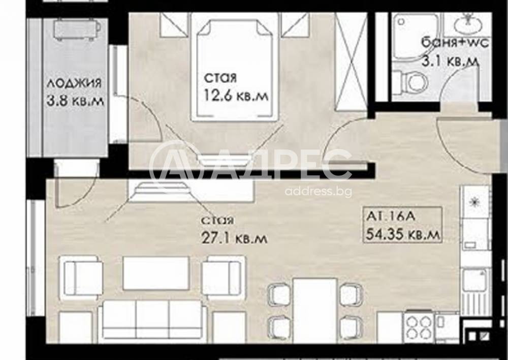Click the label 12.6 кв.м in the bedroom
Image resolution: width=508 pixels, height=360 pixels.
pyautogui.click(x=236, y=96)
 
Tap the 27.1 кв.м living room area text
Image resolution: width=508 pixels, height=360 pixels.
pyautogui.click(x=235, y=238)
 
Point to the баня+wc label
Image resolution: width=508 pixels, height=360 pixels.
pyautogui.click(x=455, y=43)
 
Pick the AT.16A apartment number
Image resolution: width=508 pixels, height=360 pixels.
pyautogui.click(x=390, y=216)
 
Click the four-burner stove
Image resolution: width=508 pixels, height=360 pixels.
pyautogui.click(x=419, y=326)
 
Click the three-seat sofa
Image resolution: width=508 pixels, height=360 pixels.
pyautogui.click(x=152, y=319)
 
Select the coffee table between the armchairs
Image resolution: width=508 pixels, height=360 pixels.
pyautogui.click(x=156, y=273)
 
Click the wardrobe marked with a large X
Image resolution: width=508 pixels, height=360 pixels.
pyautogui.click(x=351, y=62)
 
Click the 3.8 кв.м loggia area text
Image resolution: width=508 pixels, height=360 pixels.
pyautogui.click(x=75, y=101)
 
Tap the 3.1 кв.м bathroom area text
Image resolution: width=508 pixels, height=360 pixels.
pyautogui.click(x=450, y=61)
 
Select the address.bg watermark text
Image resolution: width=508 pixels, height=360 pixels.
pyautogui.click(x=318, y=192)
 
